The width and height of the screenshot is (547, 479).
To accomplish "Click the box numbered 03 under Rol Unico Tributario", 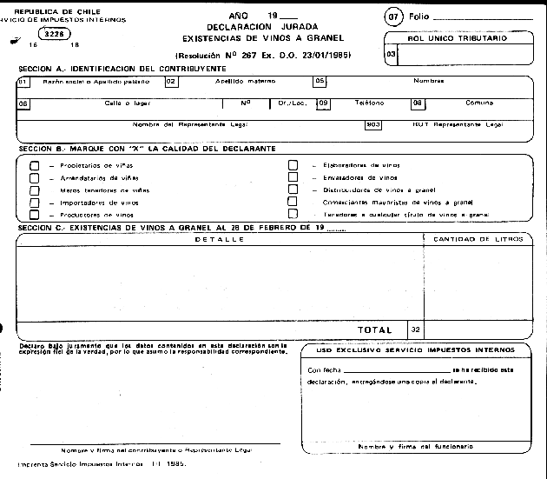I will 391,55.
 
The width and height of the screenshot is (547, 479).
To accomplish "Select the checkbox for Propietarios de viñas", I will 35,163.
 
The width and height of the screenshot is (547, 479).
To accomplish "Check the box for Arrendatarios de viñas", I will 35,176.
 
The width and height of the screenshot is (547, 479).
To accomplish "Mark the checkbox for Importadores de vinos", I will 35,202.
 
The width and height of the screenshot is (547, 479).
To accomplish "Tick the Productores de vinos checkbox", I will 35,214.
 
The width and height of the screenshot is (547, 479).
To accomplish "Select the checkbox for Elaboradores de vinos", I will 293,164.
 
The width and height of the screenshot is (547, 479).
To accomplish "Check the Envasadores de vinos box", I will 293,176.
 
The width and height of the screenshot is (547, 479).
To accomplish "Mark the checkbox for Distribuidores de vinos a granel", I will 293,189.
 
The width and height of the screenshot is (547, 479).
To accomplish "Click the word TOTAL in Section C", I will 374,329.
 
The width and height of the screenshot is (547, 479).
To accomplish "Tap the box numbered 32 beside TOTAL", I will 415,329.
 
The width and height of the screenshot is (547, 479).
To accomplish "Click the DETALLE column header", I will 219,238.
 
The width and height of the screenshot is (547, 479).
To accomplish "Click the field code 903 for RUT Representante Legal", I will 374,124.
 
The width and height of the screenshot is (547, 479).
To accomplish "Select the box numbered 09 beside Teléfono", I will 323,103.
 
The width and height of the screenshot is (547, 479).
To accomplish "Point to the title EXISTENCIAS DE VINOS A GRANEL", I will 264,38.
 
